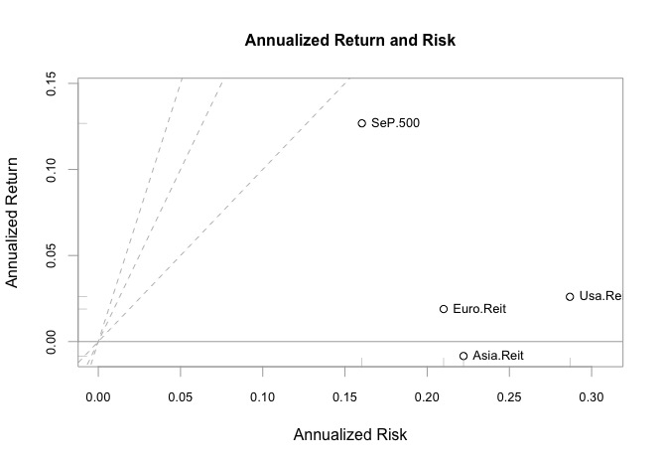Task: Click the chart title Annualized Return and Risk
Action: tap(349, 41)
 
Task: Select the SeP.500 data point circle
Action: tap(362, 123)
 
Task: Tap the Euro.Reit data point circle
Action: tap(444, 309)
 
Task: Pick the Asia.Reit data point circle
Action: tap(464, 356)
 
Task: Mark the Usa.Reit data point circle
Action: tap(570, 296)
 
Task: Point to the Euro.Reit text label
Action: tap(479, 309)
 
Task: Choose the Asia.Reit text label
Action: tap(498, 356)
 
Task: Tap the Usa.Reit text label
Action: tap(599, 296)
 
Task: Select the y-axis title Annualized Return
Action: tap(14, 221)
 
